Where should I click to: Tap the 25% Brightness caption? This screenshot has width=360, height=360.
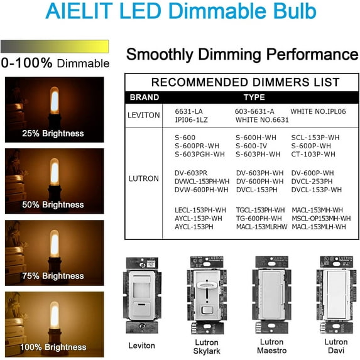click(53, 133)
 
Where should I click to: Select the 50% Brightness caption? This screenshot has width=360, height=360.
click(53, 205)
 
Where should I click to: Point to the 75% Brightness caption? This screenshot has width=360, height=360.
click(53, 276)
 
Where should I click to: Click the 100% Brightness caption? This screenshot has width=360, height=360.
click(53, 347)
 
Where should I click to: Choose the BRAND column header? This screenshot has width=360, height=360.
click(144, 97)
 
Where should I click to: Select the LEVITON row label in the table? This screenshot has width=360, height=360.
click(144, 115)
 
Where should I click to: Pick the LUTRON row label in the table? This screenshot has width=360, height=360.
click(144, 178)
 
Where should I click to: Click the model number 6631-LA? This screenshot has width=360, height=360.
click(188, 111)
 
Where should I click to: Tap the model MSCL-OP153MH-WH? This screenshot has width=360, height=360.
click(321, 218)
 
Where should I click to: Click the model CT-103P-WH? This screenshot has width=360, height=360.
click(313, 154)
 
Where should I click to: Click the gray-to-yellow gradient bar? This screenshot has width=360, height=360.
click(55, 46)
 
